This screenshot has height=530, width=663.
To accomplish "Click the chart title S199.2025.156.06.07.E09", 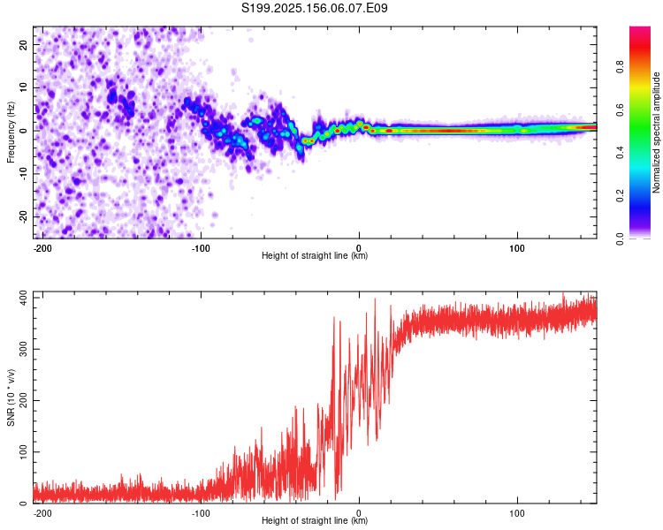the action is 314,8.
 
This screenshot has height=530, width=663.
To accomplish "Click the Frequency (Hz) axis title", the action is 11,132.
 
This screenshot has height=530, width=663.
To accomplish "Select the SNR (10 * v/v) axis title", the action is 11,397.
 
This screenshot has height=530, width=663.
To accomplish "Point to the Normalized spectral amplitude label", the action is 656,132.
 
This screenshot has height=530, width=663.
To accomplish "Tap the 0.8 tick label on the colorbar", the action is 620,67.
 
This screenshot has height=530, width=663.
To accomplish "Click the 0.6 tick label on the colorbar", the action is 620,110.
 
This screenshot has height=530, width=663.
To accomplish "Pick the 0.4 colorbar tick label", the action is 620,153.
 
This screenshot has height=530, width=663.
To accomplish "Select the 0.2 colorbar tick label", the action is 620,196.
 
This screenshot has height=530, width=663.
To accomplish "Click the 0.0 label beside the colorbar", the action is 620,238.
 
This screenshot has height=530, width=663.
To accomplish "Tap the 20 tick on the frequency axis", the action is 23,44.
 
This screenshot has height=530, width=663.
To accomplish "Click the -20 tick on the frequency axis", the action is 23,217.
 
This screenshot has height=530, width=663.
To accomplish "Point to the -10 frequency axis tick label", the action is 23,174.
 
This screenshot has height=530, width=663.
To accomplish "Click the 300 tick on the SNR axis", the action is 23,349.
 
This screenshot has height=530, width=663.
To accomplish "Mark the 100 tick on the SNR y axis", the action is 23,451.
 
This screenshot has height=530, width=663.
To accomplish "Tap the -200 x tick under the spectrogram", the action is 42,248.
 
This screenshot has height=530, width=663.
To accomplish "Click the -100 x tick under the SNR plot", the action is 201,513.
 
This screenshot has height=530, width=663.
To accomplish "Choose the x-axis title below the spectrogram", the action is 315,255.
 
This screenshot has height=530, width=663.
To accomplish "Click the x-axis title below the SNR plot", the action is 315,520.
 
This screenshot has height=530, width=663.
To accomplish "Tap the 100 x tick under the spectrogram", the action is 517,248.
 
